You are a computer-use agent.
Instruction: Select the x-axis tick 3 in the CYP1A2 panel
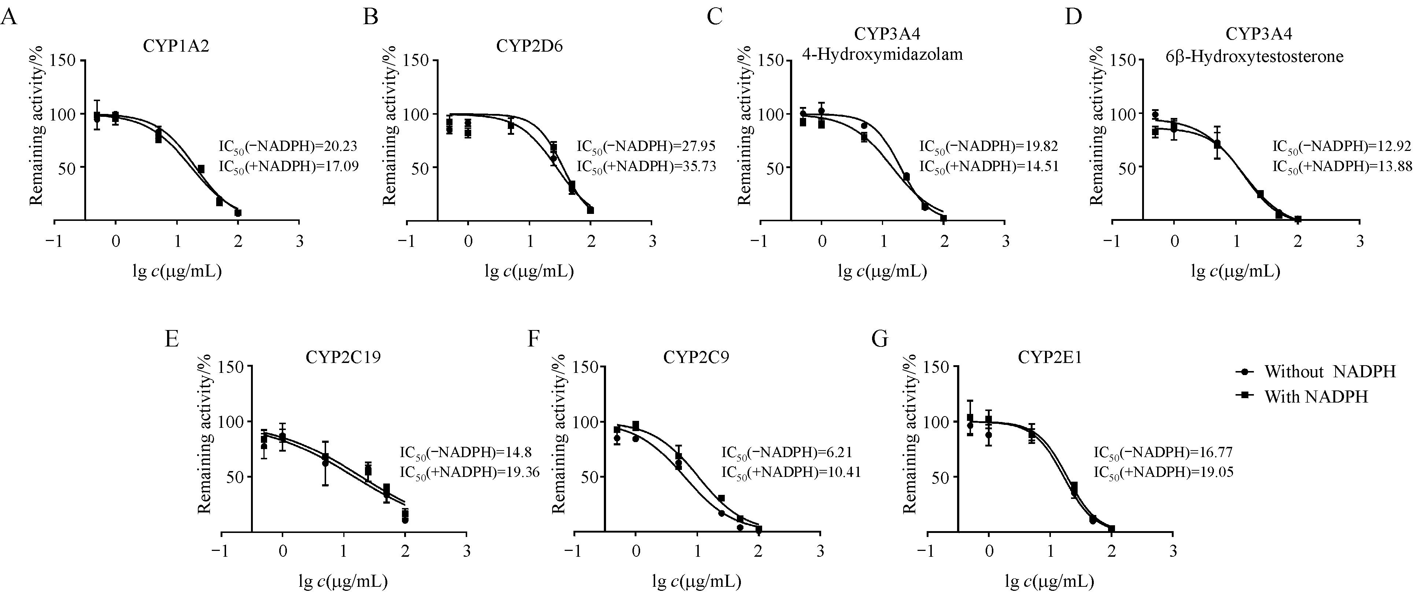299,242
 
